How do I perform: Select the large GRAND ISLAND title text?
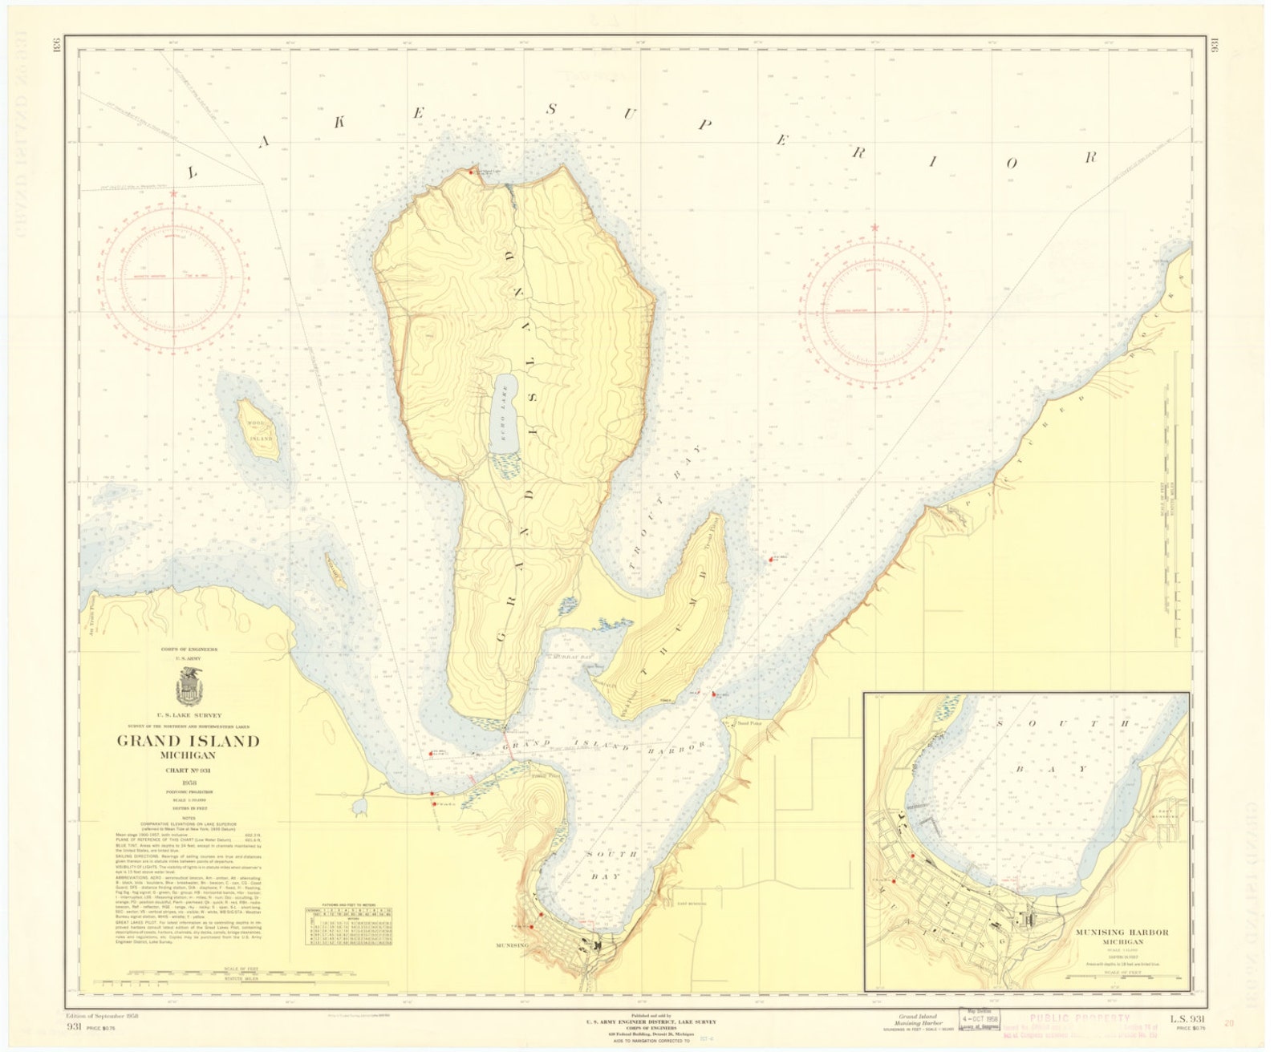(189, 741)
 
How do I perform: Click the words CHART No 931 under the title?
(189, 771)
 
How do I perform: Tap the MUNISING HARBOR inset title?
(1122, 933)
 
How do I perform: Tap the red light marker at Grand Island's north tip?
(471, 171)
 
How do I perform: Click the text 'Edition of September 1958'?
(103, 1017)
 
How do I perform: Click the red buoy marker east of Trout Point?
(771, 560)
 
